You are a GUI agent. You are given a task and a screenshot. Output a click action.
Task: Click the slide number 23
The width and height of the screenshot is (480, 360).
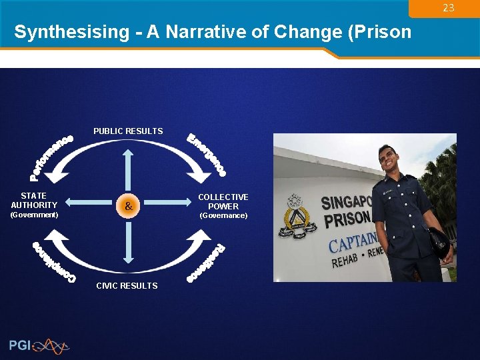(x=448, y=8)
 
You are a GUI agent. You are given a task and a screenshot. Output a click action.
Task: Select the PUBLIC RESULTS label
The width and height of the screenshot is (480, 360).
(x=128, y=131)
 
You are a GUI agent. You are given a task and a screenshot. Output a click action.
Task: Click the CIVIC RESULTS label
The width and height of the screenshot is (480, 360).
(x=127, y=286)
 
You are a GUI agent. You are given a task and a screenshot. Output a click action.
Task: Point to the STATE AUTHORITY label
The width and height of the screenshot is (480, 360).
(x=34, y=201)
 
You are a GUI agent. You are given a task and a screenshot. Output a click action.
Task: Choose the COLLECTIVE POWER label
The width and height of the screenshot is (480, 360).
(x=223, y=202)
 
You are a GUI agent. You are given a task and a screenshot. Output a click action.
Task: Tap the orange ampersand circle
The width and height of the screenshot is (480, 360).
(x=127, y=207)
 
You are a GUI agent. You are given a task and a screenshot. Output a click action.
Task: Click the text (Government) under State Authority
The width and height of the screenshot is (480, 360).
(x=34, y=215)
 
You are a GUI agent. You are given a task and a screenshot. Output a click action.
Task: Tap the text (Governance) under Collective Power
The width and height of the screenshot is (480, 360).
(x=223, y=216)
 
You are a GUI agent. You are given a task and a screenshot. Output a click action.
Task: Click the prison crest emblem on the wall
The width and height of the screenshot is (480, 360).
(x=295, y=217)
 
